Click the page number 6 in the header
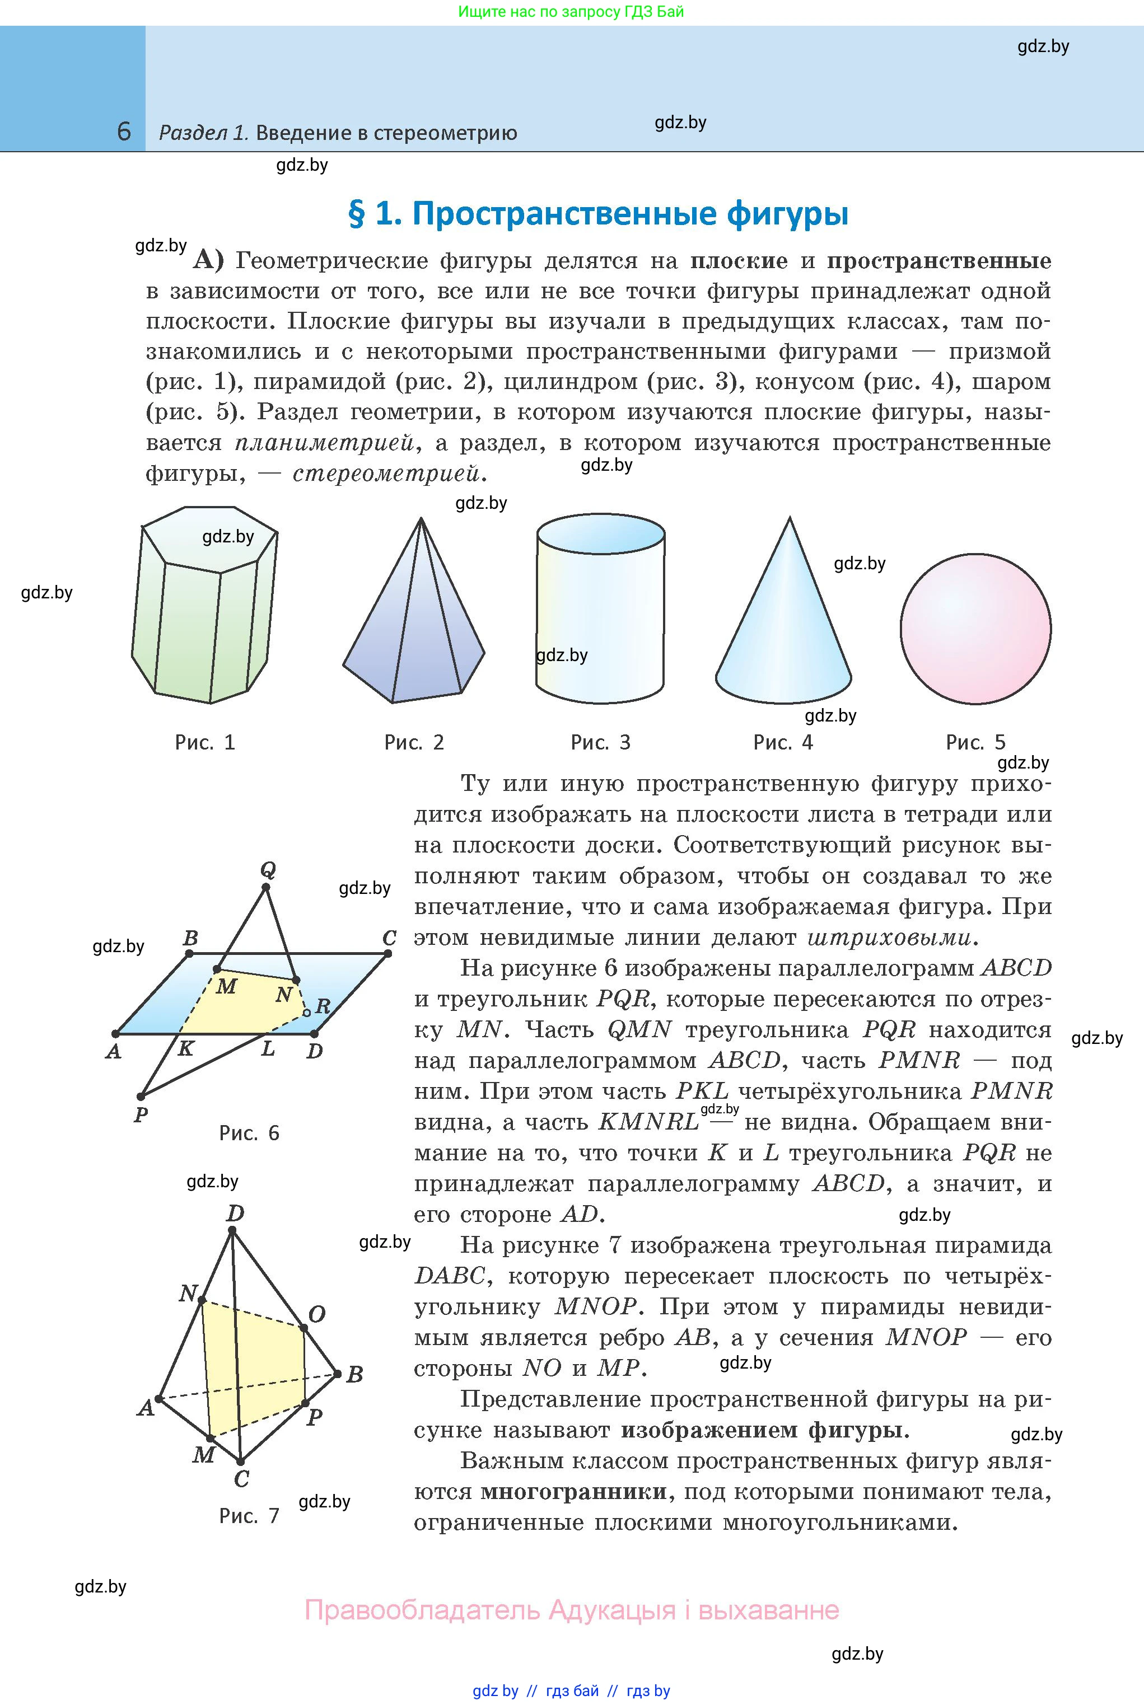point(124,132)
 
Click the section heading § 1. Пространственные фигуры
point(598,214)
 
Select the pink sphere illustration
point(975,629)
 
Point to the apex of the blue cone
point(790,519)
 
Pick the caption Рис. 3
point(600,742)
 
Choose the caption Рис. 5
point(975,742)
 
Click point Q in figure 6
point(265,887)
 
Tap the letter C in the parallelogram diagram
point(390,938)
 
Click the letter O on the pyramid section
point(316,1314)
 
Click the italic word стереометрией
point(389,474)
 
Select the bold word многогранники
point(573,1491)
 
